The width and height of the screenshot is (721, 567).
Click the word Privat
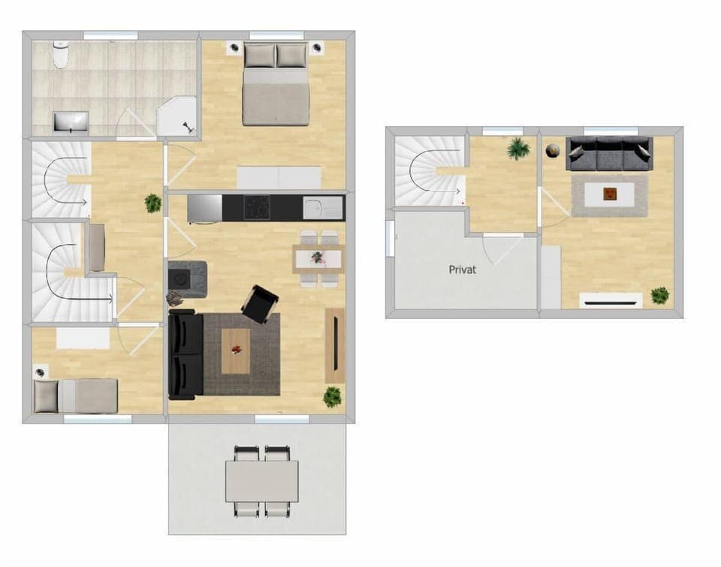463,269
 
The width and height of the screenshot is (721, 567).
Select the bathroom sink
71,121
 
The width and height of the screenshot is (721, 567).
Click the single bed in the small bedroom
76,396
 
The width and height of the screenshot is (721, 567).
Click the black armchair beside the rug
260,303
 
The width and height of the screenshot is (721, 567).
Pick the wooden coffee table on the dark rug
236,351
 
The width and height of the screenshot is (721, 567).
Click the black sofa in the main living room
185,355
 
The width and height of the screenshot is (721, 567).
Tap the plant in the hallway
153,203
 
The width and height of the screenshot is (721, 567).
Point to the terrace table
262,481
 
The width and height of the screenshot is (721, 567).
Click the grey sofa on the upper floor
609,154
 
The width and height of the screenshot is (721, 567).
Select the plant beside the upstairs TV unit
660,295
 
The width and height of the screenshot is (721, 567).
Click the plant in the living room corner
332,397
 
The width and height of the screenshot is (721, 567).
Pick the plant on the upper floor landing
517,149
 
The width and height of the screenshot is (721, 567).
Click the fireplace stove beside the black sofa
187,277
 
